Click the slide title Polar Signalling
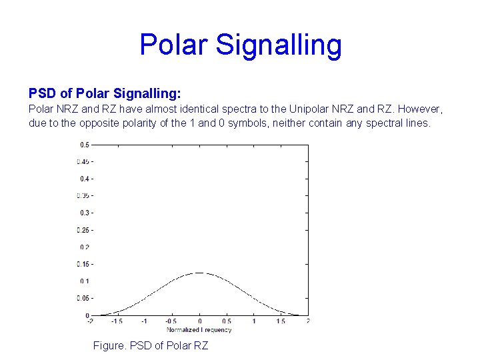click(240, 45)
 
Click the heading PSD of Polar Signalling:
click(105, 93)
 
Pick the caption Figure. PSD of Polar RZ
click(151, 345)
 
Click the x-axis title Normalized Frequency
click(199, 330)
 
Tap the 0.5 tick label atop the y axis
click(85, 144)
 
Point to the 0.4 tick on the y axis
click(85, 179)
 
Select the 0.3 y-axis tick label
click(85, 213)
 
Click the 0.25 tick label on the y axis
click(83, 230)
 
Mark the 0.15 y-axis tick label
click(83, 264)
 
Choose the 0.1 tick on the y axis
click(85, 281)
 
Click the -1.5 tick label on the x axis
click(117, 322)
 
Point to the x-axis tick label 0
click(199, 322)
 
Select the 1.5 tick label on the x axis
click(281, 322)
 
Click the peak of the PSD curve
click(199, 273)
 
